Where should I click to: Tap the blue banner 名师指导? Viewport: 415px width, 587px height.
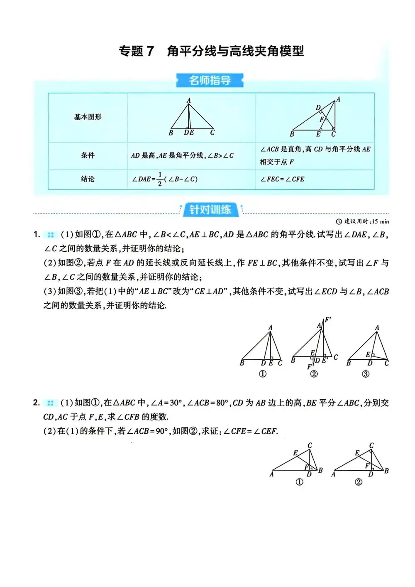tap(210, 80)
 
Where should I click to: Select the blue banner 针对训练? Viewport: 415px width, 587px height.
tap(210, 209)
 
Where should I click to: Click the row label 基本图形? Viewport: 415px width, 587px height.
tap(88, 117)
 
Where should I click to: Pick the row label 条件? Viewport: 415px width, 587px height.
tap(88, 155)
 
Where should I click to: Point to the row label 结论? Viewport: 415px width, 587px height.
tap(88, 179)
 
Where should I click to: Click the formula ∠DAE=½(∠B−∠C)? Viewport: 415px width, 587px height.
tap(165, 179)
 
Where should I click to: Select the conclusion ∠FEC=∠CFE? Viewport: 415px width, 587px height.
tap(282, 179)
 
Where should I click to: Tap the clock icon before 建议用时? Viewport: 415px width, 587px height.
tap(339, 221)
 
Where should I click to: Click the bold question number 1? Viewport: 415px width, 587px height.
tap(37, 235)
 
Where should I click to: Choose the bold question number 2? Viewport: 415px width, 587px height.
tap(37, 403)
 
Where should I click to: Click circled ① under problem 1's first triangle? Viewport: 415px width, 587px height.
tap(263, 374)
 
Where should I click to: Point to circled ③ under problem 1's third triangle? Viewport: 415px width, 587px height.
tap(366, 374)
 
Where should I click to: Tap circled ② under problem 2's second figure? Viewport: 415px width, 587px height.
tap(359, 482)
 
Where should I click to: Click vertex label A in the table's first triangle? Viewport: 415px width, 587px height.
tap(189, 101)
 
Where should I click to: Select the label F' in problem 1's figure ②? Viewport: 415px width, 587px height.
tap(327, 319)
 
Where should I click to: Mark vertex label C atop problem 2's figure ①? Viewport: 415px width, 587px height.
tap(310, 445)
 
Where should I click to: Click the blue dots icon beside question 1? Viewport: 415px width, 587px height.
tap(51, 235)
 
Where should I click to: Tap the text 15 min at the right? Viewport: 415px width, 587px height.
tap(381, 221)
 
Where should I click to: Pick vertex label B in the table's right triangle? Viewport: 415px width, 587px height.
tap(292, 134)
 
